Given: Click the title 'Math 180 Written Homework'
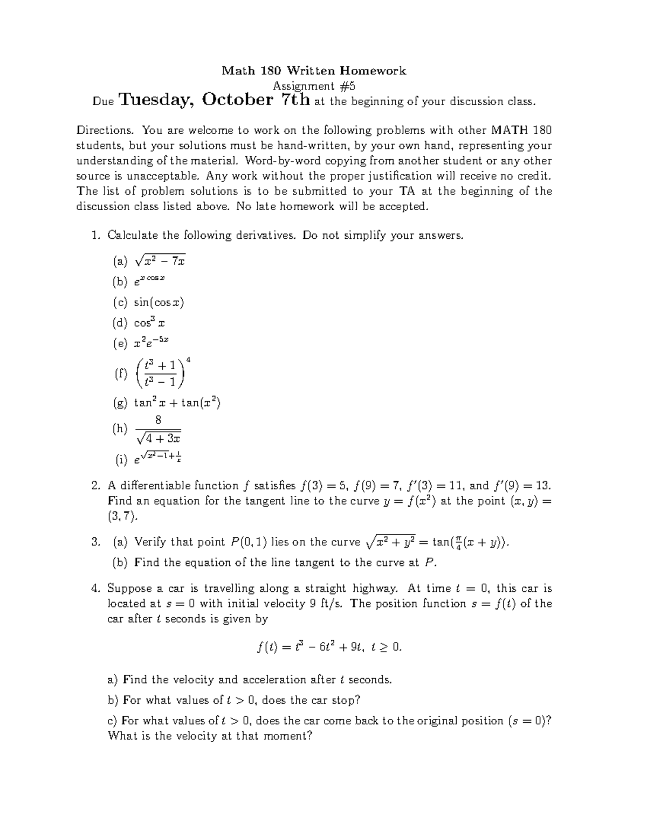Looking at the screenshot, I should pyautogui.click(x=314, y=71).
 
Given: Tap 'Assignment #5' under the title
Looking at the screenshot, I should pyautogui.click(x=314, y=86).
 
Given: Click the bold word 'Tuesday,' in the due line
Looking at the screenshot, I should pyautogui.click(x=157, y=100).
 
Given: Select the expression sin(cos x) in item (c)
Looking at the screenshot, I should pyautogui.click(x=159, y=302).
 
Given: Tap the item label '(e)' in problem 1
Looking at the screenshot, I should pyautogui.click(x=120, y=343).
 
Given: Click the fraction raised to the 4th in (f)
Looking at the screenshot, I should pyautogui.click(x=162, y=373).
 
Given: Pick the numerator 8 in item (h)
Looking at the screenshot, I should pyautogui.click(x=158, y=419).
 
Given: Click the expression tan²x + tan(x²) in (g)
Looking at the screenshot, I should pyautogui.click(x=177, y=403).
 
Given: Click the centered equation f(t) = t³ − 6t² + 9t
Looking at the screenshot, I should pyautogui.click(x=329, y=647).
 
